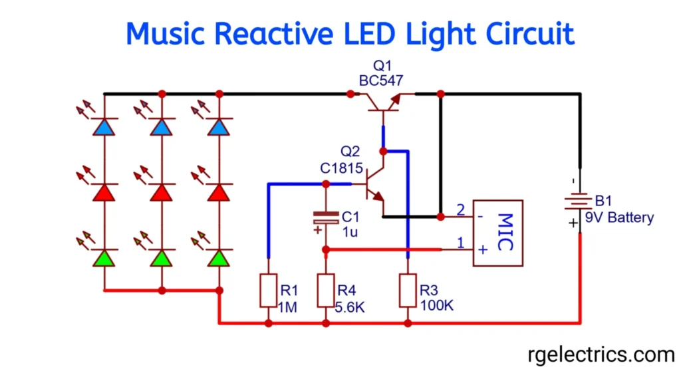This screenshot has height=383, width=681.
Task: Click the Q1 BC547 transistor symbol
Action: pyautogui.click(x=382, y=101)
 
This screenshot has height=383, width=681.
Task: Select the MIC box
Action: pyautogui.click(x=497, y=233)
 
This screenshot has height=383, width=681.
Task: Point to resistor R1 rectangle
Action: pyautogui.click(x=268, y=290)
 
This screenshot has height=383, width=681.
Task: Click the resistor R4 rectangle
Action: pyautogui.click(x=326, y=290)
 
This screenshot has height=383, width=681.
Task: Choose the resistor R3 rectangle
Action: pyautogui.click(x=408, y=290)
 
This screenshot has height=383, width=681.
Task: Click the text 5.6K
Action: pyautogui.click(x=351, y=307)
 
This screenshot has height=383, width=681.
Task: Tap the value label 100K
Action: pyautogui.click(x=437, y=307)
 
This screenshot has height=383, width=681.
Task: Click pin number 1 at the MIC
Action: pyautogui.click(x=460, y=244)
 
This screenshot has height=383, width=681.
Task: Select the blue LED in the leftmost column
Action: pyautogui.click(x=104, y=127)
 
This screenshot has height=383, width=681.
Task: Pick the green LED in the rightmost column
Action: pyautogui.click(x=219, y=258)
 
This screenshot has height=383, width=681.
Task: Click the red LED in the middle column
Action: pyautogui.click(x=162, y=192)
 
